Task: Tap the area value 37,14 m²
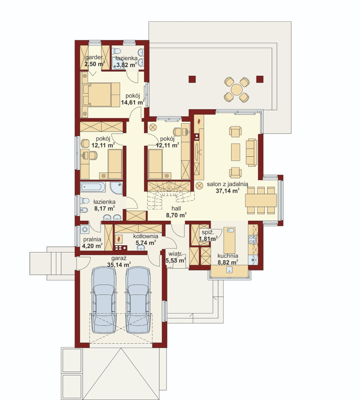[227, 190]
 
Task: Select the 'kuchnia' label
[228, 256]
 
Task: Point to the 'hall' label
[176, 208]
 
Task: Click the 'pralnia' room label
[92, 239]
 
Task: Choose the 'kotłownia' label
[146, 236]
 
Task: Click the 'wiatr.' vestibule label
[175, 254]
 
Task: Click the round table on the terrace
[237, 89]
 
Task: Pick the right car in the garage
[138, 300]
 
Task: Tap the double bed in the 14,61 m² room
[101, 94]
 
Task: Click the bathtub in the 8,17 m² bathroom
[93, 187]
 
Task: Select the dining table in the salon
[261, 200]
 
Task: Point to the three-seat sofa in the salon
[252, 153]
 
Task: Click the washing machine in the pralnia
[85, 229]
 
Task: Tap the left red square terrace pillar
[192, 79]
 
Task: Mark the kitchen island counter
[230, 240]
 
